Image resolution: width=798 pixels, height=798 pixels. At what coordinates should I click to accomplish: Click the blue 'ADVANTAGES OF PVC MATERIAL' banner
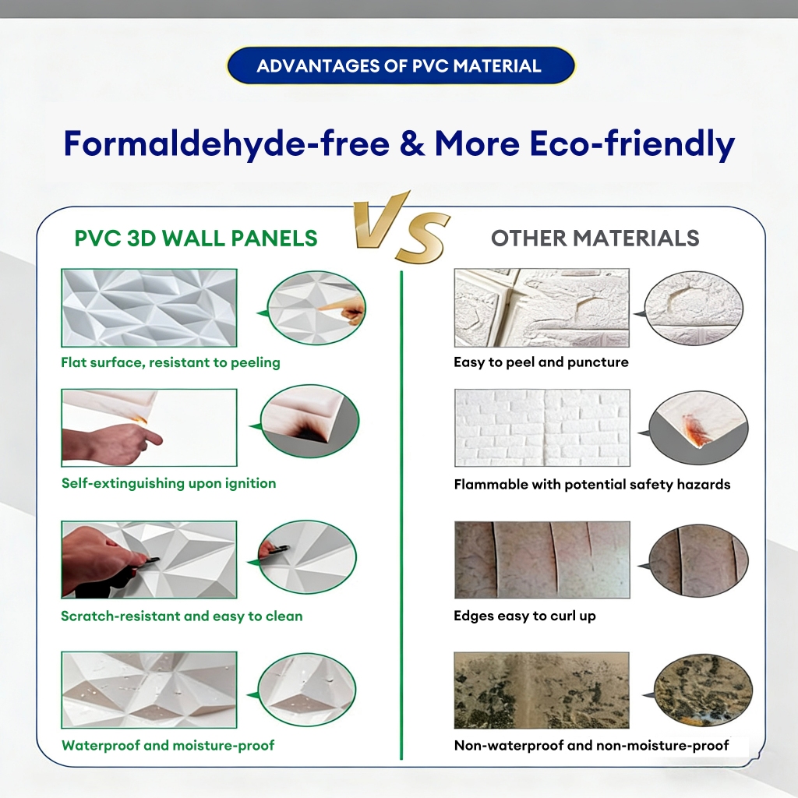[x=401, y=65]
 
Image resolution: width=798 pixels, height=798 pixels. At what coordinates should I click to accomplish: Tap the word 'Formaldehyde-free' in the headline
[x=227, y=144]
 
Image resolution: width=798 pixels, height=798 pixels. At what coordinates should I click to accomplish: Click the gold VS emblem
[x=401, y=227]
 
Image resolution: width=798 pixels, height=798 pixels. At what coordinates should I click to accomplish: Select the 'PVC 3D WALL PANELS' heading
[x=196, y=238]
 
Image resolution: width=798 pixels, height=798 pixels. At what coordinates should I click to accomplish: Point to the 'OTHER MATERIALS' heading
[x=595, y=238]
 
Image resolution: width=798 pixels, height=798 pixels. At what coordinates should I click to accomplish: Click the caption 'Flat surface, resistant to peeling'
[x=171, y=362]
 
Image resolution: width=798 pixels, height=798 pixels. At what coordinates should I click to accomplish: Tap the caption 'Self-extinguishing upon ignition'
[x=168, y=483]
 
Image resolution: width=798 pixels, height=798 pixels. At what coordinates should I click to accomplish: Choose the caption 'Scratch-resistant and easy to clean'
[x=182, y=616]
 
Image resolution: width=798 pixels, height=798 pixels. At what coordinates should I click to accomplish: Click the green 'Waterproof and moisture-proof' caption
[x=168, y=745]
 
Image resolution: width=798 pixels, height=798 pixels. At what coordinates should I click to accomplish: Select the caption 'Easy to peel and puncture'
[x=541, y=362]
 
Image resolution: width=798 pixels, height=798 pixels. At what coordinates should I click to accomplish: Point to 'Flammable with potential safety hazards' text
[x=592, y=484]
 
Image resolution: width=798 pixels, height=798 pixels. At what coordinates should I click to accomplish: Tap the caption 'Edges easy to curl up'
[x=524, y=616]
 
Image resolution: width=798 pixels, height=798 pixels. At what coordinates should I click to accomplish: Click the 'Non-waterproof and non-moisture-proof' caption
[x=591, y=745]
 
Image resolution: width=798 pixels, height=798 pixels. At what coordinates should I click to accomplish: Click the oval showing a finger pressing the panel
[x=316, y=308]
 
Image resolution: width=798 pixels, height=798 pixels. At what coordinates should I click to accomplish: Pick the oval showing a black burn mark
[x=309, y=421]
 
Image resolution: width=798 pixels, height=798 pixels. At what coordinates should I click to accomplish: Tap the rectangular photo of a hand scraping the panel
[x=149, y=560]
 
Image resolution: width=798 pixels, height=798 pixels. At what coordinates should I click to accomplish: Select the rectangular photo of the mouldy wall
[x=542, y=690]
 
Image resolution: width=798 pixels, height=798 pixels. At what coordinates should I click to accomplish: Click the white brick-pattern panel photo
[x=542, y=428]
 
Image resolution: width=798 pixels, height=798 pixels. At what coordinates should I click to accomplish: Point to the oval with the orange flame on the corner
[x=699, y=427]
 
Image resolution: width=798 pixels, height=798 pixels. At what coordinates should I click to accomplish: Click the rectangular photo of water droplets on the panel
[x=149, y=690]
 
